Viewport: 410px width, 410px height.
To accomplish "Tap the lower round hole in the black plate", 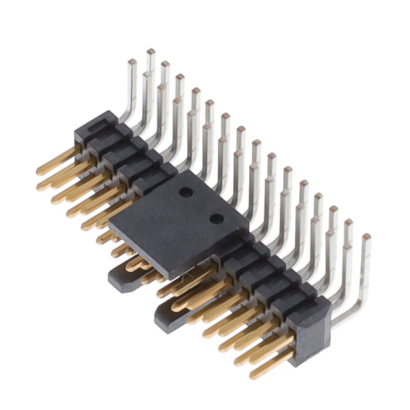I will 217,218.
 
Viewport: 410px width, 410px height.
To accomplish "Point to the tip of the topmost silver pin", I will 151,51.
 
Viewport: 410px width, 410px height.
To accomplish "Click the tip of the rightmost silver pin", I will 366,237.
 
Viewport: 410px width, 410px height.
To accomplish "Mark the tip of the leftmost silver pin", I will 131,62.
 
